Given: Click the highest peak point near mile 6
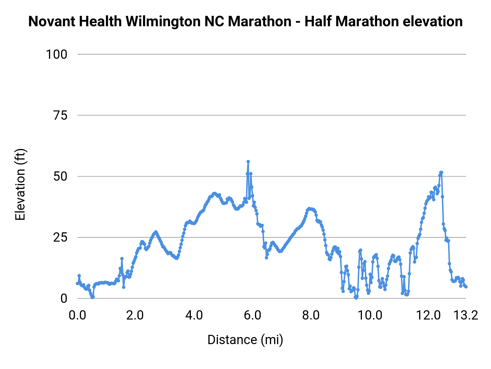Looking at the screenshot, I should (248, 162).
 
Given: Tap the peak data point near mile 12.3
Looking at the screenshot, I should (441, 172).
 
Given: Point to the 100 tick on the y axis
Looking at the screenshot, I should (56, 54).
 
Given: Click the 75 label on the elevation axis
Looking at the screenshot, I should (60, 116).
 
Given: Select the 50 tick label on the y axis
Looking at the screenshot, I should (60, 177).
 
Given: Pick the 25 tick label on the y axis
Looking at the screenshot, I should (60, 238).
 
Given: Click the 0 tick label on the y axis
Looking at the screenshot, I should (64, 298).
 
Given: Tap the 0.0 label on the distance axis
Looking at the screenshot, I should (77, 315).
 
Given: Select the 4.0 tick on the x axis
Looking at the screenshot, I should (194, 315).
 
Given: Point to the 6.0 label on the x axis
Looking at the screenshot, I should (253, 315).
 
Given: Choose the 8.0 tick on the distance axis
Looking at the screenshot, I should (311, 315).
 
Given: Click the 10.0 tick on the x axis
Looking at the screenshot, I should (370, 315).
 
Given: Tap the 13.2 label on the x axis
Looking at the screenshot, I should (466, 315).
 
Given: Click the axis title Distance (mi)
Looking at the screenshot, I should (245, 340).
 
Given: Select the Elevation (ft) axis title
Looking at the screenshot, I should (20, 184).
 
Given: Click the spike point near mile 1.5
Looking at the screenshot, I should (122, 258).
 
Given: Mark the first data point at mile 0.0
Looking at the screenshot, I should (77, 283).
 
